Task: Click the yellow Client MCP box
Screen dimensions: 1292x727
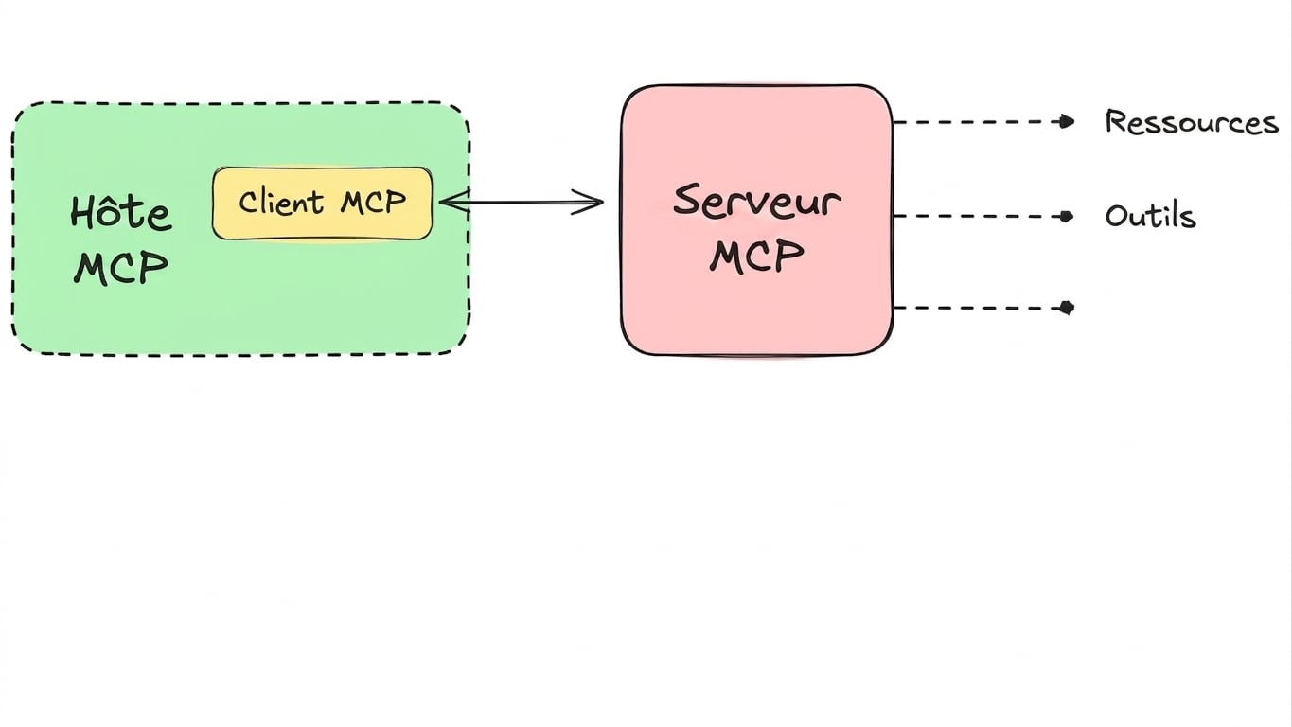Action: pos(323,204)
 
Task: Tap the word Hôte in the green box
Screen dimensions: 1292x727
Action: pos(120,213)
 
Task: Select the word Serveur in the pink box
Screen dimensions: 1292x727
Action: pos(757,201)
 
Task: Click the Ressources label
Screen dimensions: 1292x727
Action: pos(1192,122)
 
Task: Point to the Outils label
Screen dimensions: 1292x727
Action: pos(1150,216)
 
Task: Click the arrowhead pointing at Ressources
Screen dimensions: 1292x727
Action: pos(1067,122)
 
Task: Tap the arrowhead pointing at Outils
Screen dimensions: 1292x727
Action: pos(1066,217)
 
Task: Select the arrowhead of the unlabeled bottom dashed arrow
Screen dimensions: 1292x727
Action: pos(1067,308)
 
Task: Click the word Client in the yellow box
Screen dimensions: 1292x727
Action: pos(281,203)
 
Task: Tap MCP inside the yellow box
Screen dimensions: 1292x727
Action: pos(373,202)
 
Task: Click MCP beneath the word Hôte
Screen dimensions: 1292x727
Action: pos(121,268)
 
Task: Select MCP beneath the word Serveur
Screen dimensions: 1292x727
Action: pos(756,256)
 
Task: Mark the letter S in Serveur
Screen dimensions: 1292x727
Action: pos(686,200)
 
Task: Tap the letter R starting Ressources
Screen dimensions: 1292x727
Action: pos(1116,122)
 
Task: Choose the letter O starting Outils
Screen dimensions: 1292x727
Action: pos(1116,216)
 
